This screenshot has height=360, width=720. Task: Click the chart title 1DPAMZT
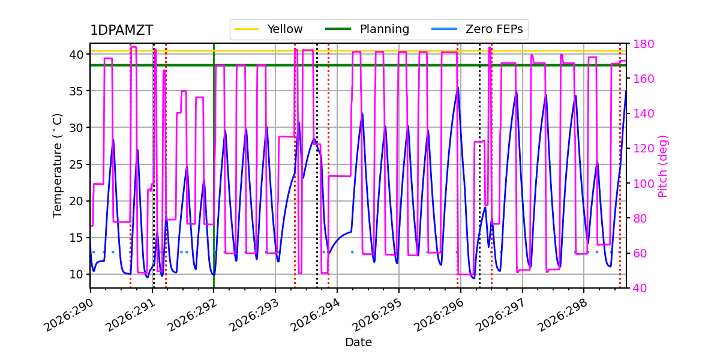[121, 31]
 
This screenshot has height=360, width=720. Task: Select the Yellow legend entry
[268, 29]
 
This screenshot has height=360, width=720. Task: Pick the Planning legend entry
[367, 29]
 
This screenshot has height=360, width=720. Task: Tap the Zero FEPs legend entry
[478, 29]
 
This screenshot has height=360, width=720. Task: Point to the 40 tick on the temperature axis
[76, 55]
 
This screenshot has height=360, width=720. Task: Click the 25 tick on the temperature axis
[76, 164]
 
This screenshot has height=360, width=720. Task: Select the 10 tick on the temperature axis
[76, 275]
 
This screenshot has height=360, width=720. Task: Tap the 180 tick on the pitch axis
[643, 44]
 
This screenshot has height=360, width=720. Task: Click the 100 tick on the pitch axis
[643, 184]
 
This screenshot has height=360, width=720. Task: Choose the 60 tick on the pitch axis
[640, 254]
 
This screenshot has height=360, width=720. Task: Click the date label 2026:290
[68, 316]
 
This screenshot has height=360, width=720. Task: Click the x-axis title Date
[358, 343]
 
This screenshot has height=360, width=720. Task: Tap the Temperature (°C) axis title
[57, 166]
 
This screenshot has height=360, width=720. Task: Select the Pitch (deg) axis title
[663, 167]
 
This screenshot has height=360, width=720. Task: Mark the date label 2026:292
[192, 316]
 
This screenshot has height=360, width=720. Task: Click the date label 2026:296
[439, 316]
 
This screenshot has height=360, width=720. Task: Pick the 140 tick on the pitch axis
[643, 114]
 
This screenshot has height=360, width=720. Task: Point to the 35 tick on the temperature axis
[76, 91]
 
